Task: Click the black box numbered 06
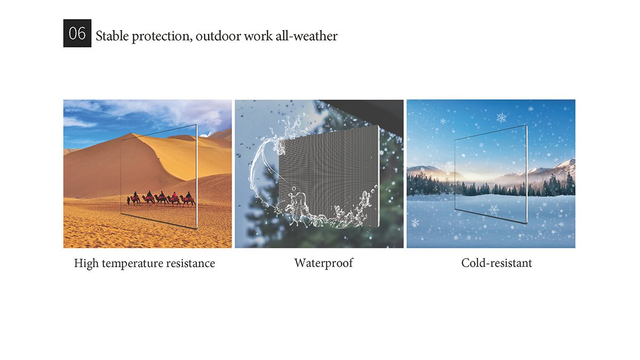tap(77, 33)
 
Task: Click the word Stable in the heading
tap(112, 36)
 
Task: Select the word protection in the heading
tap(162, 37)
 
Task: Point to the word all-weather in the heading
tap(306, 36)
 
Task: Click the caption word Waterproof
tap(324, 263)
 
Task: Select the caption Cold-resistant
tap(497, 263)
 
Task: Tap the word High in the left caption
tap(86, 263)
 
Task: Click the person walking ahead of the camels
tap(129, 201)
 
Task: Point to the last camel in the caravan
tap(188, 199)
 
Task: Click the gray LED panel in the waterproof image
tap(329, 177)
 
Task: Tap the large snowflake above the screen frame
tap(501, 117)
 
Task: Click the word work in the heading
tap(258, 36)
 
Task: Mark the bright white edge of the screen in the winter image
tap(526, 174)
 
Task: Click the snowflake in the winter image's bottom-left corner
tap(415, 222)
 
